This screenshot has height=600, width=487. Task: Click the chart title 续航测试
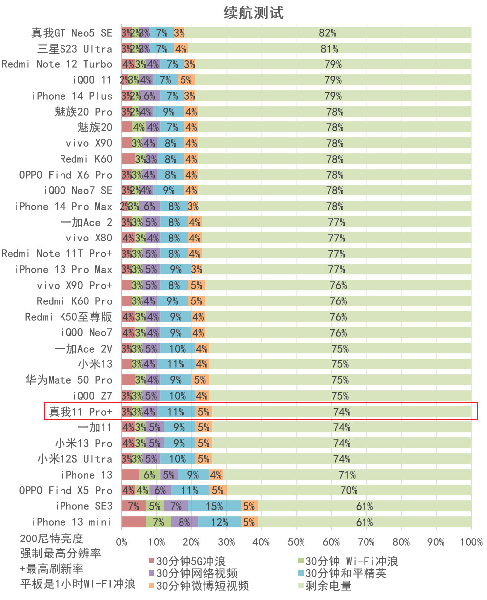253,13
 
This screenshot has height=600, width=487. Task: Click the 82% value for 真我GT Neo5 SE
327,33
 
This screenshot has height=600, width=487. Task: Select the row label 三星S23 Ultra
75,49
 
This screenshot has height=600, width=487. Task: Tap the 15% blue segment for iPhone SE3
215,506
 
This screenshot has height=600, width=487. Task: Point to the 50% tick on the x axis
297,542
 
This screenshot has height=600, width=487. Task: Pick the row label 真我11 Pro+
79,412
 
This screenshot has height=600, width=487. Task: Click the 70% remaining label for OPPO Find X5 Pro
349,490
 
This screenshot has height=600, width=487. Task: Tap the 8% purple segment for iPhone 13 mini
184,522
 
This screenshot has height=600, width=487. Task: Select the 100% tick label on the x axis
471,542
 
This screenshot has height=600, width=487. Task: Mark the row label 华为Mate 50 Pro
69,380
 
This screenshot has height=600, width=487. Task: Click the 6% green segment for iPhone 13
149,475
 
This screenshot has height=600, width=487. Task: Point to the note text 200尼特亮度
52,539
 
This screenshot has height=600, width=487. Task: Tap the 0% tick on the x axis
122,542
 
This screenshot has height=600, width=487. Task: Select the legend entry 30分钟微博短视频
198,586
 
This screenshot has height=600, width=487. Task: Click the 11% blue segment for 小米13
176,364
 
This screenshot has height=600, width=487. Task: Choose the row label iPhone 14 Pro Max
63,206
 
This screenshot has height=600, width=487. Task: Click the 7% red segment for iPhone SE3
133,506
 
